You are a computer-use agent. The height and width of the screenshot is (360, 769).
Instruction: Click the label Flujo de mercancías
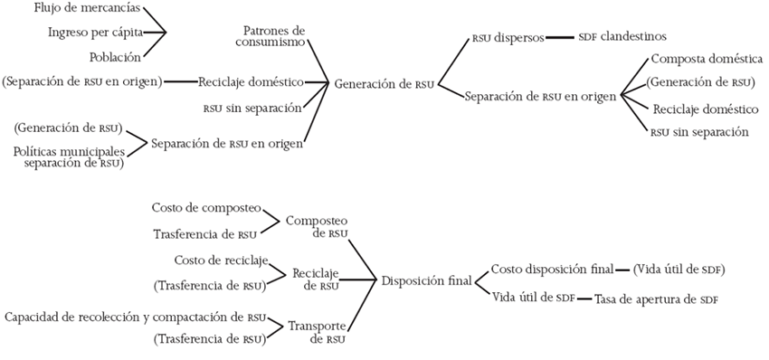click(86, 9)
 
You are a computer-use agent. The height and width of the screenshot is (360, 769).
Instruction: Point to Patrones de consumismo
click(275, 35)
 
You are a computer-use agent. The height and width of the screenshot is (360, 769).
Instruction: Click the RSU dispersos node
click(508, 38)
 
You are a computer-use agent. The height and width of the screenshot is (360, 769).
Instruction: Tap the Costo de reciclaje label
click(222, 261)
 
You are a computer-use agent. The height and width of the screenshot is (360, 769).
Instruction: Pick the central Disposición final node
click(426, 280)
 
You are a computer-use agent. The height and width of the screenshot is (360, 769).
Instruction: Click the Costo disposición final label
click(552, 270)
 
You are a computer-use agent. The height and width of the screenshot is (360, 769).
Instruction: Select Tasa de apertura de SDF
click(656, 298)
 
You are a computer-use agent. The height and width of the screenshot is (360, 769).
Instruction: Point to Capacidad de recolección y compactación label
click(136, 317)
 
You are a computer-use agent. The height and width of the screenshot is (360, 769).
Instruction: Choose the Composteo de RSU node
click(317, 226)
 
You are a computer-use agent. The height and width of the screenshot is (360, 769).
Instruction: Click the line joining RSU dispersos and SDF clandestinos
click(560, 38)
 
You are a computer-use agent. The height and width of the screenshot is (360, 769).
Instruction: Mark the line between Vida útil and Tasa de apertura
click(585, 298)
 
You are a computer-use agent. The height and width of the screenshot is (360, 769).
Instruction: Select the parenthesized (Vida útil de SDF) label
click(679, 270)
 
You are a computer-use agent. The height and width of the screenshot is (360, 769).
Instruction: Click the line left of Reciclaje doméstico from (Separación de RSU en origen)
click(180, 82)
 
